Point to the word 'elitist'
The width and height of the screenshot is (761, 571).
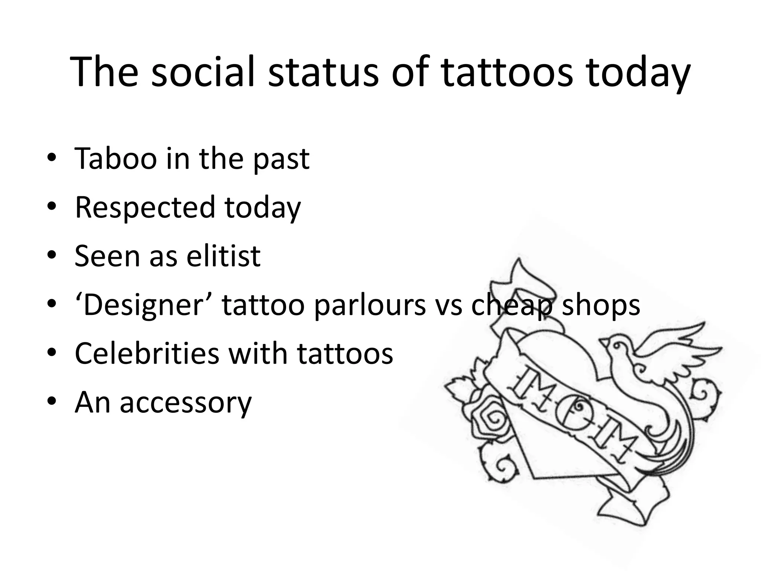click(223, 256)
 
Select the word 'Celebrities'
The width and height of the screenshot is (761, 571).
click(147, 354)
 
